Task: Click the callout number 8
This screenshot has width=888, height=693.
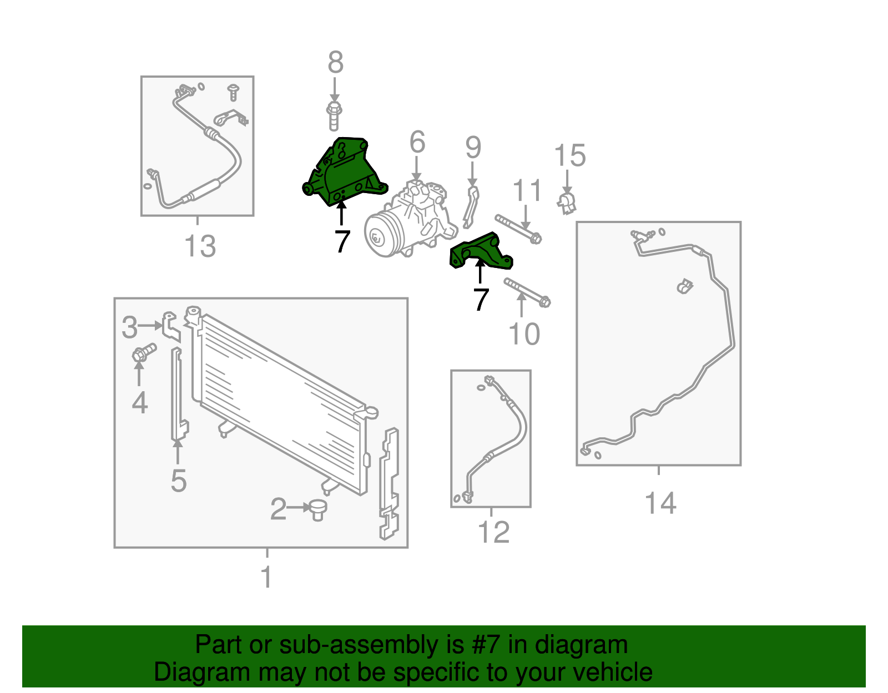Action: (x=336, y=63)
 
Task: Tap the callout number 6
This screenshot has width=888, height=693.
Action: (x=417, y=142)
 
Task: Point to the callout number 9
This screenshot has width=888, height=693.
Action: (x=473, y=148)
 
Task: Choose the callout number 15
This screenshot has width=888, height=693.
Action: (x=569, y=155)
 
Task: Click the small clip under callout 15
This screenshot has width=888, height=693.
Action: (x=567, y=204)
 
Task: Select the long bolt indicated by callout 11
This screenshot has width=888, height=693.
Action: (x=518, y=229)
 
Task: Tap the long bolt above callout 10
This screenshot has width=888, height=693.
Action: (x=527, y=292)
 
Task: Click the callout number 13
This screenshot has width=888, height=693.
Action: (x=200, y=246)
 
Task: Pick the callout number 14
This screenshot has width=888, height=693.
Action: (x=660, y=503)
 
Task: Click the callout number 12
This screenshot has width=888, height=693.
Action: (x=493, y=532)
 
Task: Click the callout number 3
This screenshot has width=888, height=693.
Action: (x=129, y=327)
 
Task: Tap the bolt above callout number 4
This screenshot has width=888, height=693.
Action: (x=144, y=352)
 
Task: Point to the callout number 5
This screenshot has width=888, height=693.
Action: (x=179, y=480)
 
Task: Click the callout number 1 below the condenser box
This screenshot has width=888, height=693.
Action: (x=266, y=577)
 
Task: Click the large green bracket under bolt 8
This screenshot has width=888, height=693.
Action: (x=344, y=171)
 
